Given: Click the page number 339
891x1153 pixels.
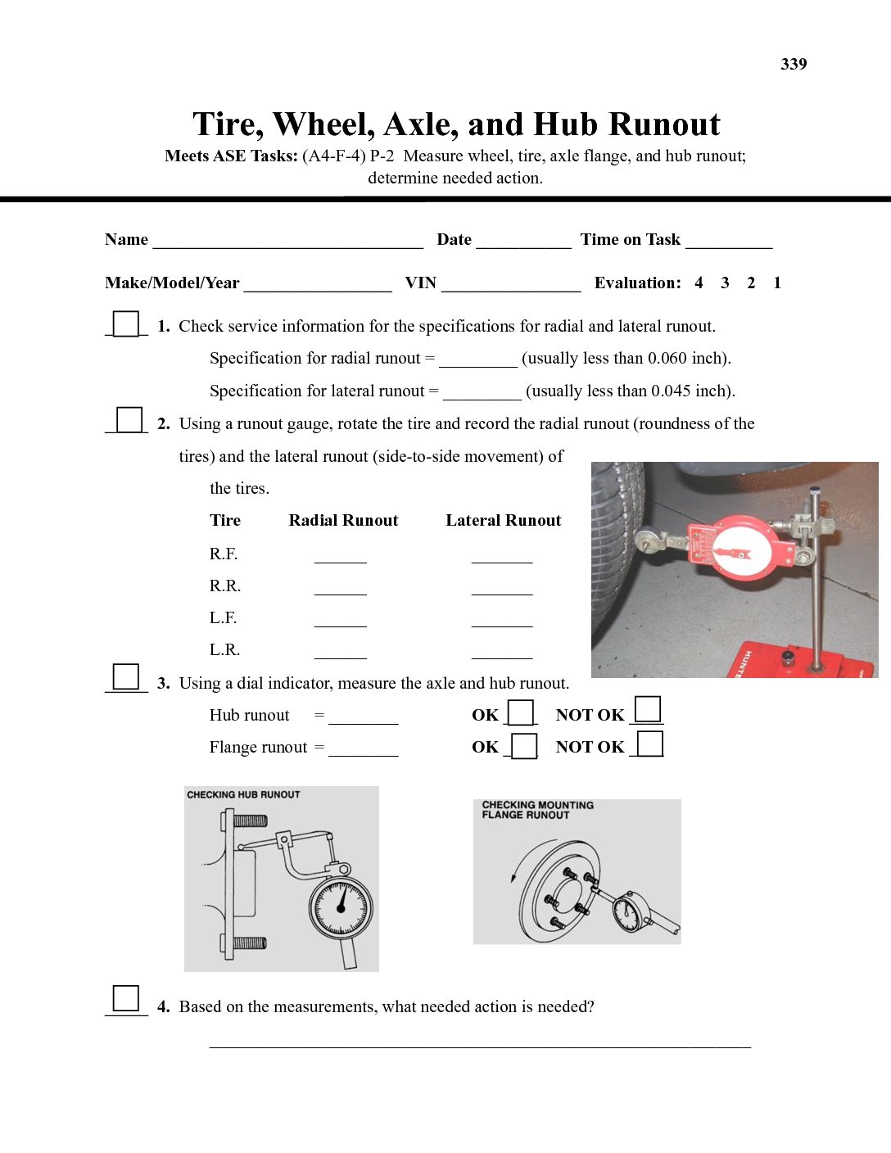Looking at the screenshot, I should (x=794, y=64).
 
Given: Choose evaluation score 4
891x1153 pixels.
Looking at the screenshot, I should (x=699, y=283).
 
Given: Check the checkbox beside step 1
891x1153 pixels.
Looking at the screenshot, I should (x=126, y=324).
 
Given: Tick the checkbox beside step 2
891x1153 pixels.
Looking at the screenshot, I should (x=129, y=420).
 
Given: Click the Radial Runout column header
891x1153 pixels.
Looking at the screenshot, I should (x=343, y=520).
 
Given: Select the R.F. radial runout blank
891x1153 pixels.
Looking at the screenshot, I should (x=340, y=558).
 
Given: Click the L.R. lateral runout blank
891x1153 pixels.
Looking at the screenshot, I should (x=502, y=653).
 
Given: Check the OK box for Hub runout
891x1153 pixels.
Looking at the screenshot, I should (x=521, y=713).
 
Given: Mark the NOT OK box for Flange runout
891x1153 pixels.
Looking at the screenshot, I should (x=650, y=744).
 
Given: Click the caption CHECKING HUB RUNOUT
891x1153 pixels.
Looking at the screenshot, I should (x=243, y=794).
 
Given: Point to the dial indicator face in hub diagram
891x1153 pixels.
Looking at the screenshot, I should (x=341, y=908).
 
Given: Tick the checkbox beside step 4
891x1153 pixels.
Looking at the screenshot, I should (x=126, y=998).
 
